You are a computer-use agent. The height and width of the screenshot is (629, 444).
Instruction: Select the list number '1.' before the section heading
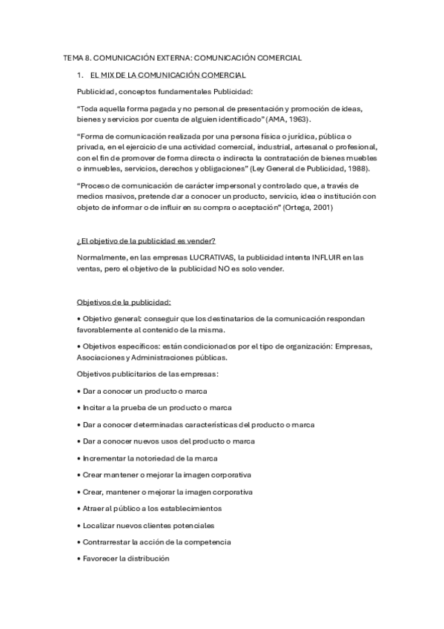coord(80,76)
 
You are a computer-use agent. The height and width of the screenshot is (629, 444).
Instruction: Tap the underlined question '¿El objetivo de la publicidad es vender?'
coord(145,242)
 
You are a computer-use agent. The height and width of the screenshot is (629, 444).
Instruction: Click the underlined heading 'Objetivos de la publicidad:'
coord(125,303)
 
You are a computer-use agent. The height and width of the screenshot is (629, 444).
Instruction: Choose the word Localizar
coord(99,525)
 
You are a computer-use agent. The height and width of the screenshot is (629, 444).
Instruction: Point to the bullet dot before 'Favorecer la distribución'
coord(79,559)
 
